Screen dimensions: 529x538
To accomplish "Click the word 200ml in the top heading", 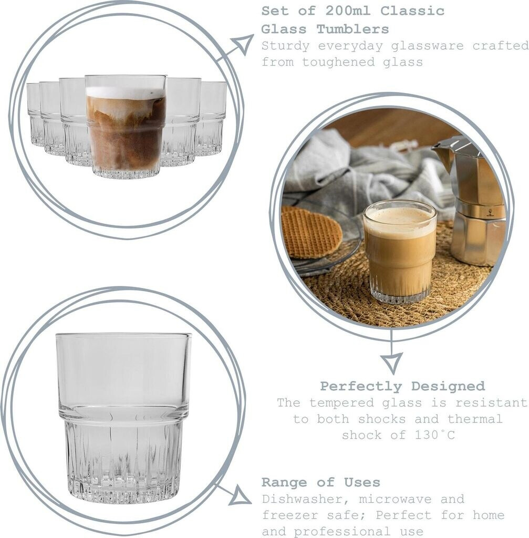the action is point(348,11).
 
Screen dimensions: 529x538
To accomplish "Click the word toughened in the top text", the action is point(338,63).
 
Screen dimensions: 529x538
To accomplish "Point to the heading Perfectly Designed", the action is point(402,386).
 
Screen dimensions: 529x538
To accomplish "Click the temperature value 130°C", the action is point(434,435).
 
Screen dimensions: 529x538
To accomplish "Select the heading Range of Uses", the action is point(321,482).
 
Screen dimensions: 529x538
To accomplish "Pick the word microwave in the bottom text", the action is point(395,499).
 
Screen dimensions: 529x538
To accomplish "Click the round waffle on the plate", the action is point(311,233).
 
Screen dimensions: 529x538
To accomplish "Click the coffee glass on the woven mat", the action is point(399,252).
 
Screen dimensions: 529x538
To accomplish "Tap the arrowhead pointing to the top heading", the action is point(244,44).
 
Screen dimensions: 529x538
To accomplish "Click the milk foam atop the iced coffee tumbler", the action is point(126,92).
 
